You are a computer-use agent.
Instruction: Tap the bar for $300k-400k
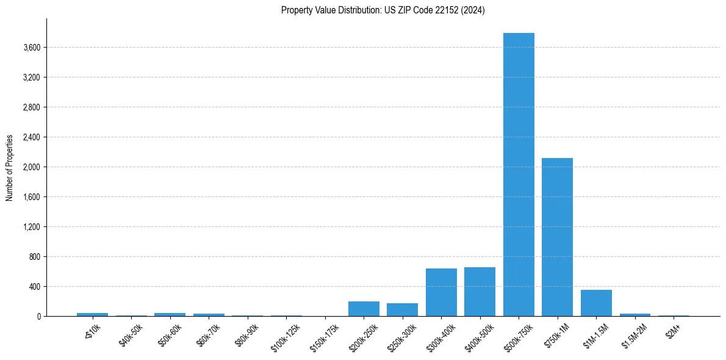tap(441, 292)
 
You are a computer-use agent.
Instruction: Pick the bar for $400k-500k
tap(480, 292)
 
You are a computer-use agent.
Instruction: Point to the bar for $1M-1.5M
tap(596, 303)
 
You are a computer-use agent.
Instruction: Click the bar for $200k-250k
tap(364, 309)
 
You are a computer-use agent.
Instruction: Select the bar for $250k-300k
tap(402, 309)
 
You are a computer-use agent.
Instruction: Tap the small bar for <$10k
tap(92, 314)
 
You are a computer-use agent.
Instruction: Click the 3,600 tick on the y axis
tap(31, 48)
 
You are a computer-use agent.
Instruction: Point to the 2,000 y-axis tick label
tap(31, 167)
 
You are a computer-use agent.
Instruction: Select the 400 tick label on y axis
tap(34, 287)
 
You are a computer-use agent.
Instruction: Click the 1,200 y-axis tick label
tap(31, 227)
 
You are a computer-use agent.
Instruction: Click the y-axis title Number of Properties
tap(10, 167)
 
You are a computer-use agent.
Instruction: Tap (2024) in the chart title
tap(474, 10)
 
